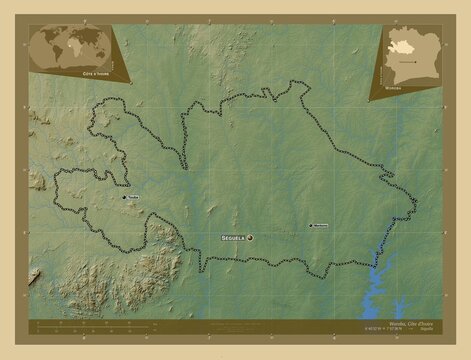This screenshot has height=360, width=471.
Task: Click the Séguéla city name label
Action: coord(232,238)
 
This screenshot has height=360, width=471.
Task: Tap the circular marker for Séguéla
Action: coord(250,238)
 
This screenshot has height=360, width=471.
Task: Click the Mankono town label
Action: coord(323,224)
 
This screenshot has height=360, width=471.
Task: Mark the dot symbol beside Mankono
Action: coord(311,224)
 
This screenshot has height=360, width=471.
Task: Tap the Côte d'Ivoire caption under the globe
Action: coord(69,73)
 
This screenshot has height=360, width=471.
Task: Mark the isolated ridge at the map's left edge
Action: coord(38,180)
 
